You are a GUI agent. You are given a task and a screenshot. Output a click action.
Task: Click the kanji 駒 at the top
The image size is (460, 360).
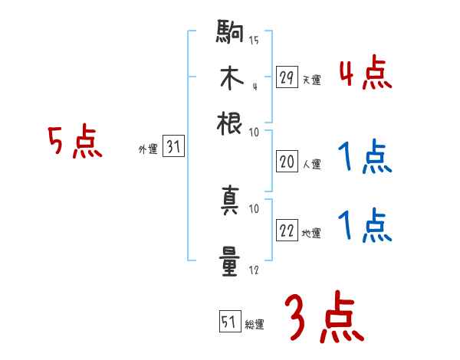point(228,33)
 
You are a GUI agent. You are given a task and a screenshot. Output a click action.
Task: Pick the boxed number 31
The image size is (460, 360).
point(173,148)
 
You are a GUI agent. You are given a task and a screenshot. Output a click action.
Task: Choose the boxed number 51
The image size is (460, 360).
point(228,322)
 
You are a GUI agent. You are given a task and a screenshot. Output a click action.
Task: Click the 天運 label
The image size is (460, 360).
point(311,80)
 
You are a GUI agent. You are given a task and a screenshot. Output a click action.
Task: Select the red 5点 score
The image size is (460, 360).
point(75,142)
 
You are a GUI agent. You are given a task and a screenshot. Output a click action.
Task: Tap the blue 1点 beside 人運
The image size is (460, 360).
point(365,158)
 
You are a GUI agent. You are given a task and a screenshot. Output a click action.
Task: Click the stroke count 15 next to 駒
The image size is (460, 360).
point(254,40)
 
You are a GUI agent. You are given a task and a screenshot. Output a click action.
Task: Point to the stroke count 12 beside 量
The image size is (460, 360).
point(254,270)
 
